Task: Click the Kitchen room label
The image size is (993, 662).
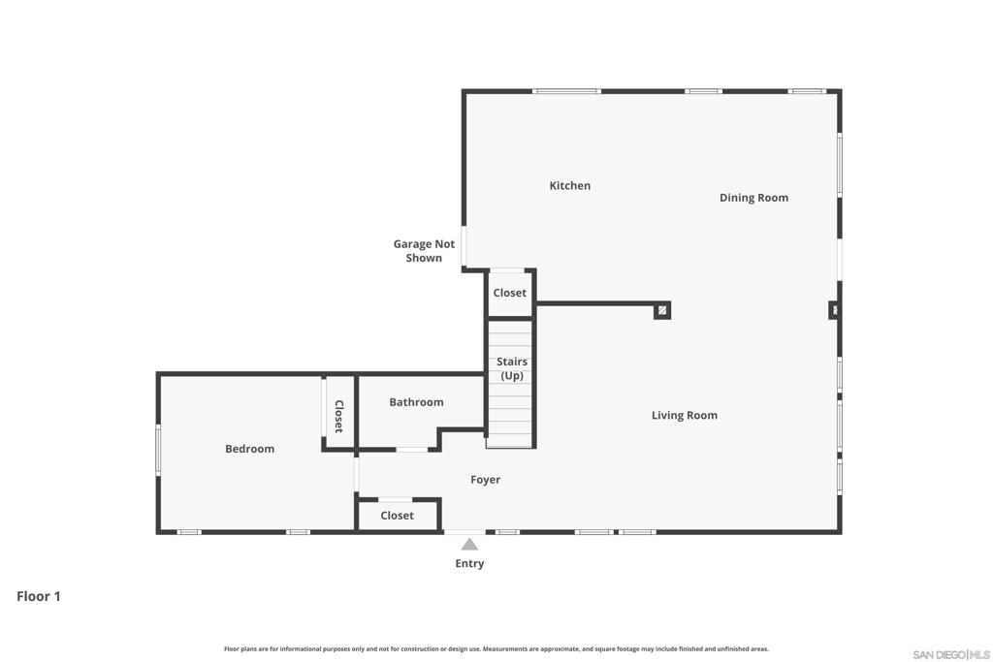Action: [x=570, y=185]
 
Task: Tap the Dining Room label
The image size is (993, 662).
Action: [x=753, y=198]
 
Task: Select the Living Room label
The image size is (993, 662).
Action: [x=685, y=415]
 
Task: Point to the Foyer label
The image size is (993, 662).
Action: [x=485, y=480]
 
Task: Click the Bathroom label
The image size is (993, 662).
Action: [x=416, y=402]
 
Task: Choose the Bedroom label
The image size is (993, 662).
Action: [x=249, y=449]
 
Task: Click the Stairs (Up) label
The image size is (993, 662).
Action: [x=512, y=368]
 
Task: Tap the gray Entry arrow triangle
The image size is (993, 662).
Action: [x=469, y=545]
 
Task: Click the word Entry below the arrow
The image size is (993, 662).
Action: [x=469, y=563]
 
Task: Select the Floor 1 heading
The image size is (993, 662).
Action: [x=39, y=596]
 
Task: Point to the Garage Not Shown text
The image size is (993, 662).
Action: [x=424, y=251]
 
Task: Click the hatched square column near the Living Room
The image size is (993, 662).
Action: [x=661, y=310]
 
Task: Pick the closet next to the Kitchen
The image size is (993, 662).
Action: [x=510, y=293]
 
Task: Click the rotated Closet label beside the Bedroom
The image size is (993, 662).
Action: [x=338, y=417]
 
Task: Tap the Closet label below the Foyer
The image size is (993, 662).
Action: [x=397, y=516]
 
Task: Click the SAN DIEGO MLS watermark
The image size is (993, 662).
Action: [x=950, y=654]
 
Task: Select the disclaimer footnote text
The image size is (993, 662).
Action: [x=496, y=648]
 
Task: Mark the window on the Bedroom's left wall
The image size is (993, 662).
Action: [x=158, y=450]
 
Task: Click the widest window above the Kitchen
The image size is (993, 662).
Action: [x=566, y=91]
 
